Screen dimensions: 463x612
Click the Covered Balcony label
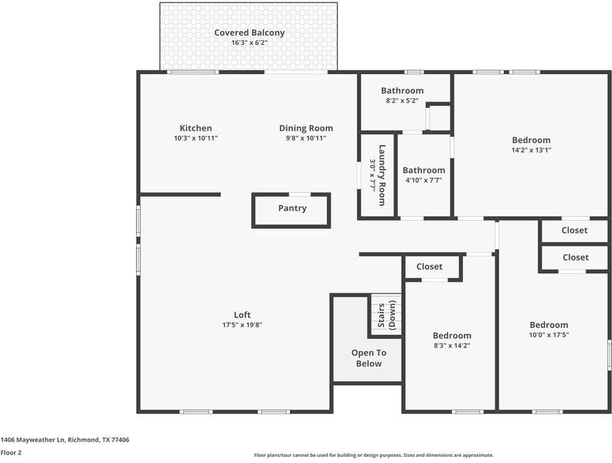point(249,33)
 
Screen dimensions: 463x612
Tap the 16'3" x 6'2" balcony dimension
point(249,43)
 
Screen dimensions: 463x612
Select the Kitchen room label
point(195,128)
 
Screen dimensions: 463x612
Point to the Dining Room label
point(306,128)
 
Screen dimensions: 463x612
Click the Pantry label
point(292,208)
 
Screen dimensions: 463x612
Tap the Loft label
point(242,315)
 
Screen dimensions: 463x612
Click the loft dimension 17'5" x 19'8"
point(242,325)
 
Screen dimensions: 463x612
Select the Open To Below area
point(369,358)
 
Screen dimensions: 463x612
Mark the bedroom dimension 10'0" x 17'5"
point(549,335)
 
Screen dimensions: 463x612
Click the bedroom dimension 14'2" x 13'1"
point(532,150)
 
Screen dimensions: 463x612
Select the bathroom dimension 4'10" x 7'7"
point(423,181)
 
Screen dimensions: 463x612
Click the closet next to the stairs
point(430,267)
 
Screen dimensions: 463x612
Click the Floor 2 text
point(11,452)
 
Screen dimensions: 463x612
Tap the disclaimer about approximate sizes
point(374,455)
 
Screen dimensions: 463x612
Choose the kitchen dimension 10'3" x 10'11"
point(195,138)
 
